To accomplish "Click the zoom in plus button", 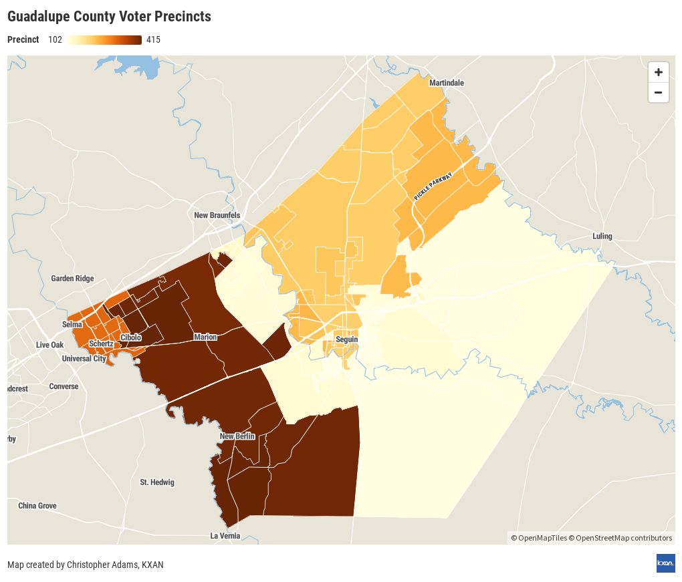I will click(x=658, y=72).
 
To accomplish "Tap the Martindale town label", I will click(x=446, y=83).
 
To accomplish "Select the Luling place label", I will click(x=602, y=237).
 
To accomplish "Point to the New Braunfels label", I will click(x=217, y=215).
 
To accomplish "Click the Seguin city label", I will click(x=347, y=339).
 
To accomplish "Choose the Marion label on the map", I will click(x=205, y=337).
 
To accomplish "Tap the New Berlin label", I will click(x=237, y=436).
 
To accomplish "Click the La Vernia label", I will click(x=225, y=536).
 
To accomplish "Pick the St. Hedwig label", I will click(x=157, y=482).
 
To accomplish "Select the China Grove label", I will click(x=37, y=506).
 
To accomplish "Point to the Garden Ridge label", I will click(x=72, y=279).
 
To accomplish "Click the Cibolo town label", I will click(x=131, y=337).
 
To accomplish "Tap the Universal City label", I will click(x=84, y=359).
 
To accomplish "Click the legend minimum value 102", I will click(x=55, y=39).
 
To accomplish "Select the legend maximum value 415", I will click(x=153, y=39).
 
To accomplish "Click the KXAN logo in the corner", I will click(x=665, y=563).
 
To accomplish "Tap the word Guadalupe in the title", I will click(x=39, y=16).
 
